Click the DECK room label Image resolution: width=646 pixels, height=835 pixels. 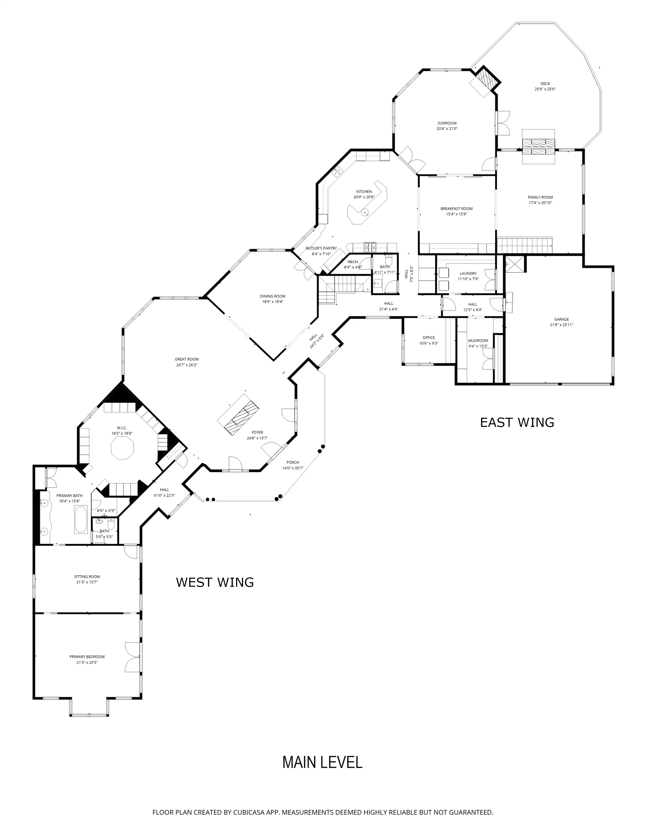tap(545, 84)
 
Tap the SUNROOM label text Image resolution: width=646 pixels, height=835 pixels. tap(447, 123)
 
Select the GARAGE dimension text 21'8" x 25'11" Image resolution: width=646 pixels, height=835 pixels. tap(561, 325)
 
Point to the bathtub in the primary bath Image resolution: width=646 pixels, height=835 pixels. tap(81, 519)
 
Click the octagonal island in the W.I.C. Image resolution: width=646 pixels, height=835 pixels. tap(122, 448)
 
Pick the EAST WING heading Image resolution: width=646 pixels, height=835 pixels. tap(517, 423)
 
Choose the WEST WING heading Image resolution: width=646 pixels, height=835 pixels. tap(215, 582)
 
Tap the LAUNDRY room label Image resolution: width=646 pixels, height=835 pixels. tap(468, 273)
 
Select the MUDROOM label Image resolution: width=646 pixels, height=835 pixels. tap(478, 341)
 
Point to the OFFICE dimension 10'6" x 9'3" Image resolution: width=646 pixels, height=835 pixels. tap(429, 343)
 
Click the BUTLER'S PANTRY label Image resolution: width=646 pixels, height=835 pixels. tap(321, 248)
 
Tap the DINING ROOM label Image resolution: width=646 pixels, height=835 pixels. tap(273, 296)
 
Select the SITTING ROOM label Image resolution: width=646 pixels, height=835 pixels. tap(87, 577)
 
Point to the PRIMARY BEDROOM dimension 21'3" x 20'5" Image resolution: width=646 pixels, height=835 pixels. tap(87, 662)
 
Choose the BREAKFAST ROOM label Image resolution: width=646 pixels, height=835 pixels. tap(456, 209)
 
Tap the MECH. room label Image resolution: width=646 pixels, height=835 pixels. tap(353, 262)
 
